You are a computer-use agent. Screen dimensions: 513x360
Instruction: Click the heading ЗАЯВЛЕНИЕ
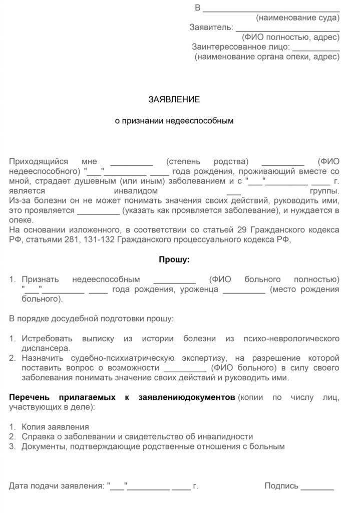174,99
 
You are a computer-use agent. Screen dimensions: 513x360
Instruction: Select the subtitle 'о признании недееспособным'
174,121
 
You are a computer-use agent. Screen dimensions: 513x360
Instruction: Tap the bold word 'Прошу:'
174,260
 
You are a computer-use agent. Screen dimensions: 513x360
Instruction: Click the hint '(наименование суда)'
297,18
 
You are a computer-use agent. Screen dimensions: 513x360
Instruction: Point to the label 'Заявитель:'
211,27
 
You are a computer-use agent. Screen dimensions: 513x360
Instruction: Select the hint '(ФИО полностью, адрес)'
290,37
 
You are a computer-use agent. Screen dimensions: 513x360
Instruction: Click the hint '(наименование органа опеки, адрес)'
267,57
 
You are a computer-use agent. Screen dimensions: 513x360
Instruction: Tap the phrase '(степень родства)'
207,161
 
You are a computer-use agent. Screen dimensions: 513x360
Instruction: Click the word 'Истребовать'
47,339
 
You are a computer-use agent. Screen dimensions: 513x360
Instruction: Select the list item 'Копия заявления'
55,426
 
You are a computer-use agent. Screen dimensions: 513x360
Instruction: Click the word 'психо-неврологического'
292,339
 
